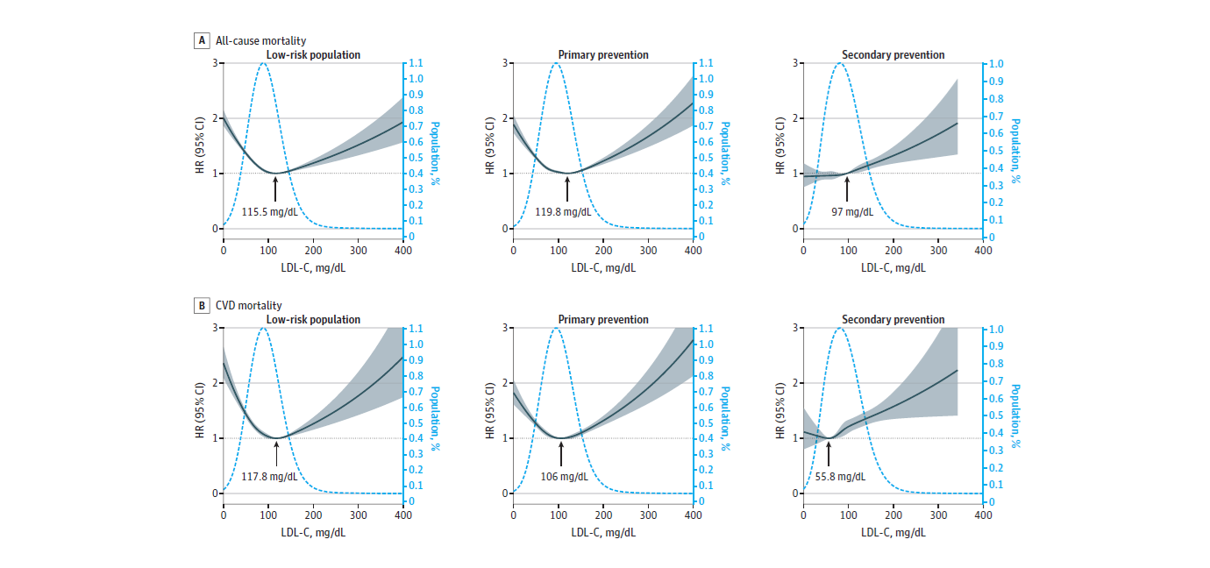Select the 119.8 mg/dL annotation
pyautogui.click(x=563, y=211)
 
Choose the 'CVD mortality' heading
pyautogui.click(x=246, y=306)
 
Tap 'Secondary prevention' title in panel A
pyautogui.click(x=893, y=55)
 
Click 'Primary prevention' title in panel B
pyautogui.click(x=603, y=320)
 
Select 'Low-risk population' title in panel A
pyautogui.click(x=313, y=55)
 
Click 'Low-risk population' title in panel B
pyautogui.click(x=313, y=320)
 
